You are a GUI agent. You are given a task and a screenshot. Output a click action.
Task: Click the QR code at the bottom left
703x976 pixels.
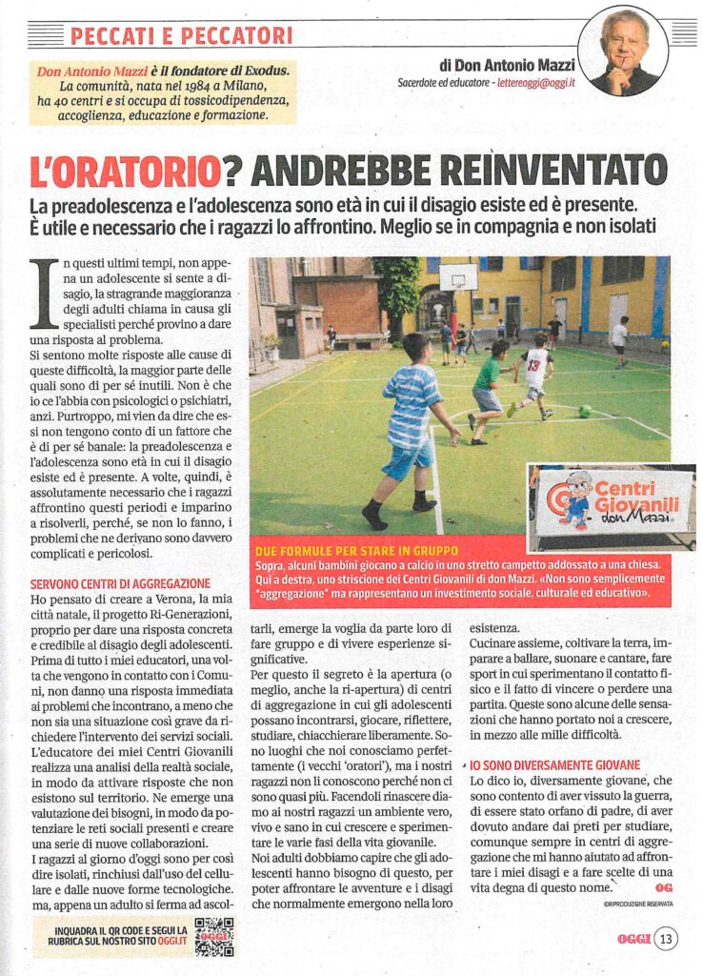[x=214, y=937]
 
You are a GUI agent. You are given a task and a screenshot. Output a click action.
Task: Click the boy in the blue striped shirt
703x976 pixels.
[x=410, y=429]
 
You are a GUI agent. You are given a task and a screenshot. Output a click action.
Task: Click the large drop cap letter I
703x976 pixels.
[x=44, y=295]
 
